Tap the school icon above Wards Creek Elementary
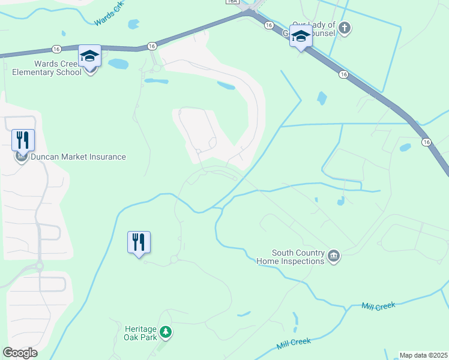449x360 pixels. click(x=89, y=56)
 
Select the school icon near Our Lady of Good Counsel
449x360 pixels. click(x=301, y=36)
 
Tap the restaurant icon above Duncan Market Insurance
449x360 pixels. click(x=23, y=140)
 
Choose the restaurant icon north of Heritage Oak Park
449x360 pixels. click(x=139, y=242)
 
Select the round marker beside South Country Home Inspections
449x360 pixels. click(x=334, y=257)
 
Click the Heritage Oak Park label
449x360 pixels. click(x=141, y=333)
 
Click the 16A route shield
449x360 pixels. click(x=232, y=2)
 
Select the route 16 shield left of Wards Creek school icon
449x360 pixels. click(x=56, y=49)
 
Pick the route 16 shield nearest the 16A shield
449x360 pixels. click(x=269, y=25)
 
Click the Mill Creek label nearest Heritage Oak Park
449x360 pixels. click(x=294, y=344)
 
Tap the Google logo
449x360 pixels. click(x=20, y=353)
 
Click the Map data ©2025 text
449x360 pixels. click(x=423, y=355)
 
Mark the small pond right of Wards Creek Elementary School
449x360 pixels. click(x=118, y=64)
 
